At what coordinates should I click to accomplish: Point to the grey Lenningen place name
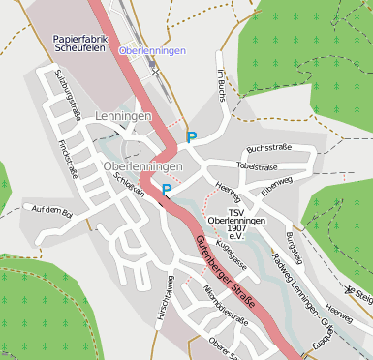click(124, 116)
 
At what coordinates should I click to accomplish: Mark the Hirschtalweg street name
click(166, 295)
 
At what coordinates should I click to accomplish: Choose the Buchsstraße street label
click(269, 148)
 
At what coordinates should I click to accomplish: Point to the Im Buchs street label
click(222, 84)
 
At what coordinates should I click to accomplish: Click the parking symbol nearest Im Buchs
click(191, 137)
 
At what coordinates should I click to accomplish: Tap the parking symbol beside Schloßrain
click(167, 190)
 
